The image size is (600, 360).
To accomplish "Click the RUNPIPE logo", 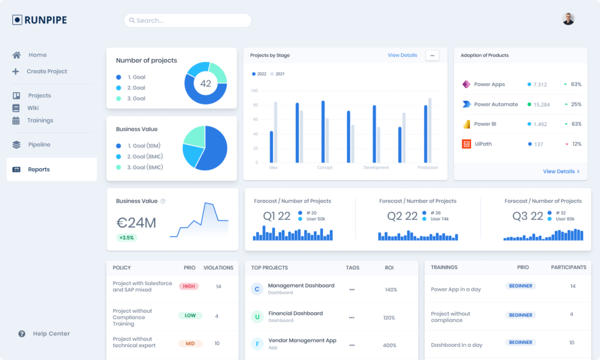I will [40, 20].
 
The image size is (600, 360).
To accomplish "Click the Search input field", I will [187, 21].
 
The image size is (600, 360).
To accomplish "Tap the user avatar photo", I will [568, 19].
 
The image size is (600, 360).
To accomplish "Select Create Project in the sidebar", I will [46, 72].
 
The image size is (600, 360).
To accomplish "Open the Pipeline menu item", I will [39, 145].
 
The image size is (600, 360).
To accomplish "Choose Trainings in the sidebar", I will [40, 121].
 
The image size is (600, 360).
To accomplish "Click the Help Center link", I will [51, 334].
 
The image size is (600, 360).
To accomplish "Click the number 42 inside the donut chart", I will [206, 83].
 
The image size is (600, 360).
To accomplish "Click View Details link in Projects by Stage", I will [403, 55].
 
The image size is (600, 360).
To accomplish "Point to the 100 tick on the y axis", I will [254, 91].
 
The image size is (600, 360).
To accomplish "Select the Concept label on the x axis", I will [325, 168].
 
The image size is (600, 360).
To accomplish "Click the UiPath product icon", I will [466, 144].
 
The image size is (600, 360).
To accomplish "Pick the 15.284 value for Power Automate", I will [541, 104].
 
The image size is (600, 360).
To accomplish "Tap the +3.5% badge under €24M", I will [126, 238].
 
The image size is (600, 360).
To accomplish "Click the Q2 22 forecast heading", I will [403, 216].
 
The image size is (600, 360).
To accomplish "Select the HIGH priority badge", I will [189, 287].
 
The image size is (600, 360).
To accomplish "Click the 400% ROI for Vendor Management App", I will [390, 345].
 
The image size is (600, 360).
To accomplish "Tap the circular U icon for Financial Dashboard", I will [256, 317].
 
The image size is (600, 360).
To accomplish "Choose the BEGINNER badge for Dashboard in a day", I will [520, 342].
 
